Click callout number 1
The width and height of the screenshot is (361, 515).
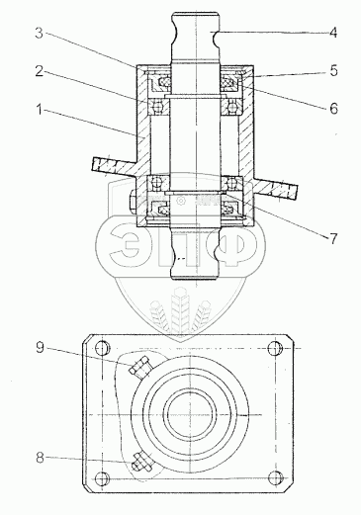coord(40,110)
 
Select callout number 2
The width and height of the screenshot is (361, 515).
coord(40,71)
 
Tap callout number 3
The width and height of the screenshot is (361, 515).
coord(40,33)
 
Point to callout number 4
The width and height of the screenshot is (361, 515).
coord(333,33)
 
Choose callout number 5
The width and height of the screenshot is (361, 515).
coord(333,71)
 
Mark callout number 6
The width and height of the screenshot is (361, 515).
coord(333,109)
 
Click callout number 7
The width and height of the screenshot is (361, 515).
coord(333,238)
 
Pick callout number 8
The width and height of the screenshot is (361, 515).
coord(40,458)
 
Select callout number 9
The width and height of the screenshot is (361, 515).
coord(40,347)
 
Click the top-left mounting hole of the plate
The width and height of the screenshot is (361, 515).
coord(102,349)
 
